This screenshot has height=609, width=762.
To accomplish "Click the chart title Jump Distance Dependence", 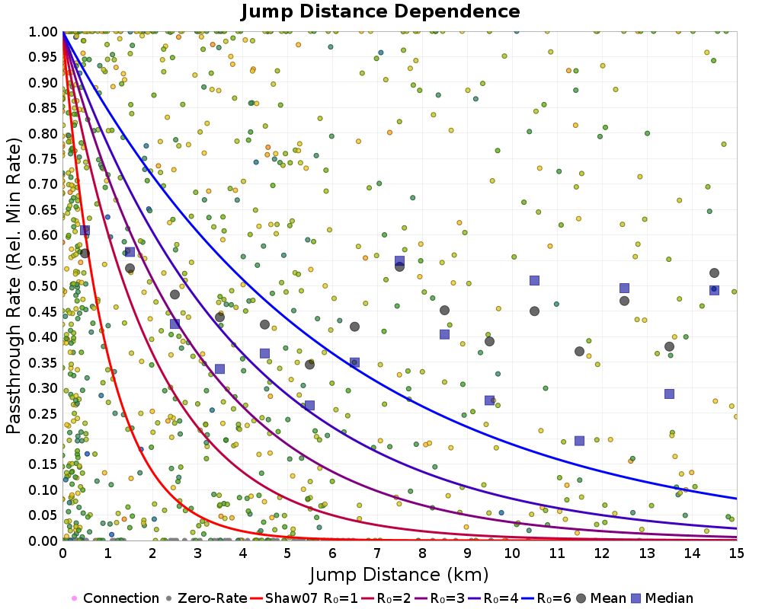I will (380, 12).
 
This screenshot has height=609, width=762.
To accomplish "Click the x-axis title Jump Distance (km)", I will (399, 573).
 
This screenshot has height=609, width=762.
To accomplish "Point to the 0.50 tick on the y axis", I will (44, 286).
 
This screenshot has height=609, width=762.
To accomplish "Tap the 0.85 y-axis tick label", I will (44, 108).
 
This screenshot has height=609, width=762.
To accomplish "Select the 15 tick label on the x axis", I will (737, 553).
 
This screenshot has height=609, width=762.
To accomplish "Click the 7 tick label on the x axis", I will (377, 553).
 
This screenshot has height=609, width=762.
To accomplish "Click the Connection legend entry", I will (114, 598).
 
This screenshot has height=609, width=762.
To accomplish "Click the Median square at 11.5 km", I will (579, 441).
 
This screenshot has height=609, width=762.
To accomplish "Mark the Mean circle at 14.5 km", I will (714, 273).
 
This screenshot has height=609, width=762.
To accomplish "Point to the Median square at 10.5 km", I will (534, 281).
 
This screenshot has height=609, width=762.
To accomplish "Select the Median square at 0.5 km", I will (85, 230).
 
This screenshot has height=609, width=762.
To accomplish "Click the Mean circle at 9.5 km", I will (489, 341).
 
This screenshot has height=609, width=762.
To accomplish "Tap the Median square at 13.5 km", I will (669, 394).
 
